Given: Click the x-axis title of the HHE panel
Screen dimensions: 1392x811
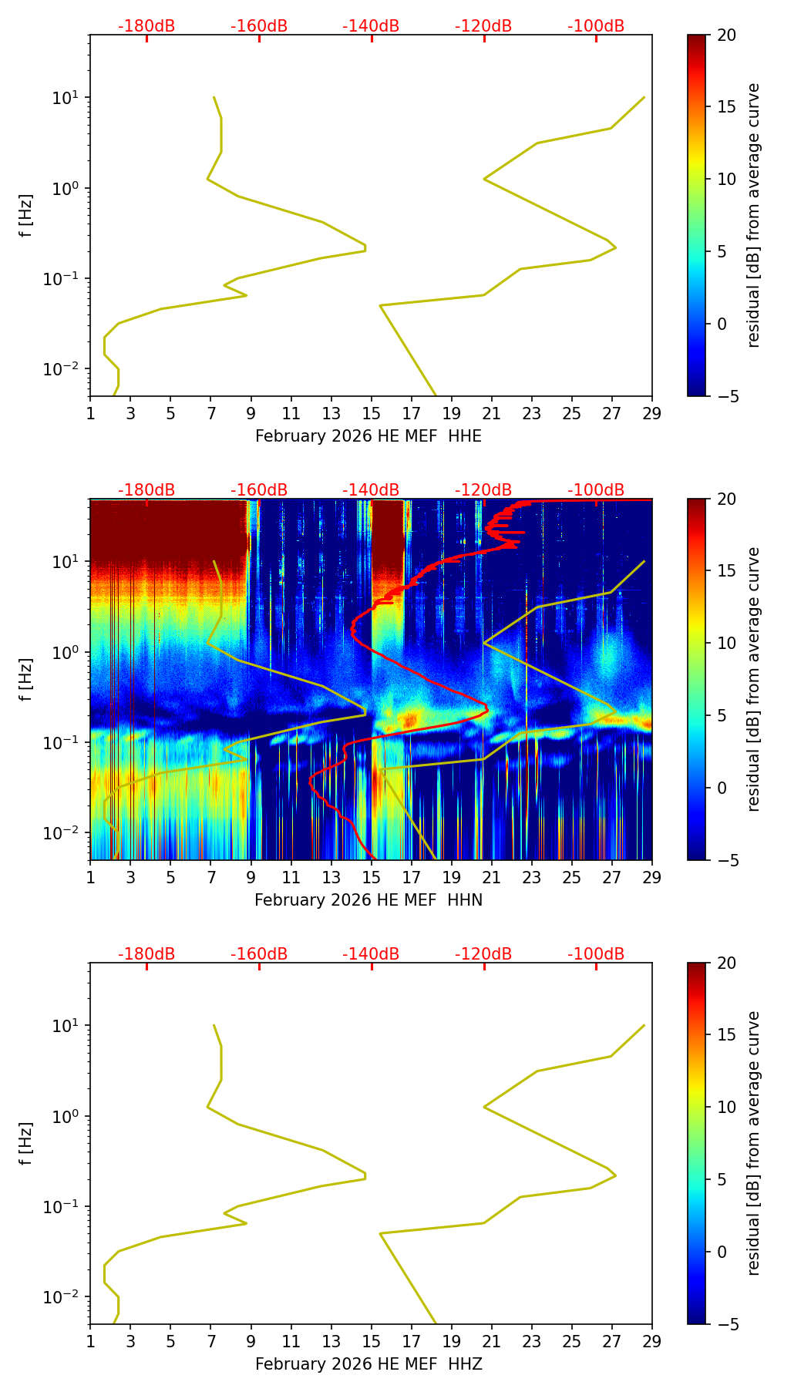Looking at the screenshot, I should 368,436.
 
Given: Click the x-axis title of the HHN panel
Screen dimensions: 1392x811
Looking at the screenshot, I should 368,900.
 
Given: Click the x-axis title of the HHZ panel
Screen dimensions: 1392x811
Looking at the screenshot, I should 368,1364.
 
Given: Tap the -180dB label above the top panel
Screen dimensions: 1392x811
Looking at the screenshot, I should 146,26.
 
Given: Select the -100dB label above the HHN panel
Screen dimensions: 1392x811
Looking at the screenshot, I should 596,490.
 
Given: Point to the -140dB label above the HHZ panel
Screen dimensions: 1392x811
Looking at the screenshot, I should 371,954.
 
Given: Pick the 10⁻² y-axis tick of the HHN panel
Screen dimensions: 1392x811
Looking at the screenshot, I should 61,833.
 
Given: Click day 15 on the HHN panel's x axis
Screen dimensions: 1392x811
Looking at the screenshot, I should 371,877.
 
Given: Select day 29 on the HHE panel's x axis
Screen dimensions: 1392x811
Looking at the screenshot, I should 651,413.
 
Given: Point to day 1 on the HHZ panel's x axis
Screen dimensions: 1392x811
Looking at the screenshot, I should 90,1341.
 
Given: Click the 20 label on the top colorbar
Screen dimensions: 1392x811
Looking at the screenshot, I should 726,35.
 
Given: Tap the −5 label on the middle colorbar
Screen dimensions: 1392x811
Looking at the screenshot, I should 726,860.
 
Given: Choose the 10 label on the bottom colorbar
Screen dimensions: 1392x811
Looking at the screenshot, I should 726,1108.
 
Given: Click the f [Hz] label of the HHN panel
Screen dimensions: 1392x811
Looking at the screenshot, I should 26,680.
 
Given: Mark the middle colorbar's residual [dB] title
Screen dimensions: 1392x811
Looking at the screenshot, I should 753,679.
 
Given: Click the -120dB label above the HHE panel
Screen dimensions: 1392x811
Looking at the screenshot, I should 483,26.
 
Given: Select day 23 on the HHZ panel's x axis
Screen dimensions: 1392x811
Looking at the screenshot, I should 531,1341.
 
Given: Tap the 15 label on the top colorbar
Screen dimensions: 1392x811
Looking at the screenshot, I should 726,107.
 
